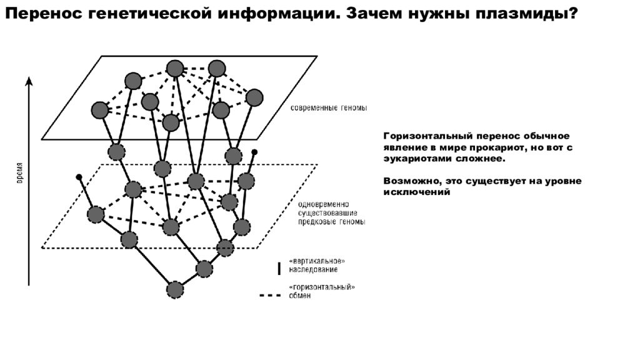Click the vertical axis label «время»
point(19,173)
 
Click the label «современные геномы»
point(329,108)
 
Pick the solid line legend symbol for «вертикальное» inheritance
point(279,268)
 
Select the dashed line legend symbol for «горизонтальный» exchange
point(270,295)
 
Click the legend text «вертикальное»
point(317,261)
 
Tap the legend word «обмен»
point(299,296)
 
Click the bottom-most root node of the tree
point(175,290)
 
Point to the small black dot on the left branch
point(79,177)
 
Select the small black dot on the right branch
point(254,152)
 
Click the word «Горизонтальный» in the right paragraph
point(427,136)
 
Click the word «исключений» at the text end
point(417,192)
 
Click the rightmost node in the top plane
point(255,97)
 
